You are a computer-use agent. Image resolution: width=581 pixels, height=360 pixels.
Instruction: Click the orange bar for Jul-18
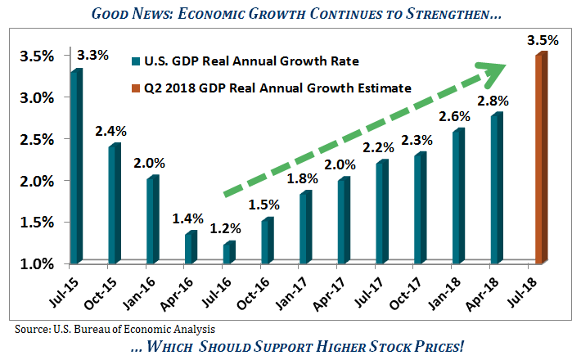tap(540, 160)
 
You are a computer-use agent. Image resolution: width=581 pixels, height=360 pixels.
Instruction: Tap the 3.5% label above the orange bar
tap(543, 38)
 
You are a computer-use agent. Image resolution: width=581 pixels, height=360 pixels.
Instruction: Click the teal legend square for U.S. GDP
tap(135, 61)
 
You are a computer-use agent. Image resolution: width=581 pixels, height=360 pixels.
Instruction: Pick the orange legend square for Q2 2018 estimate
tap(135, 88)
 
